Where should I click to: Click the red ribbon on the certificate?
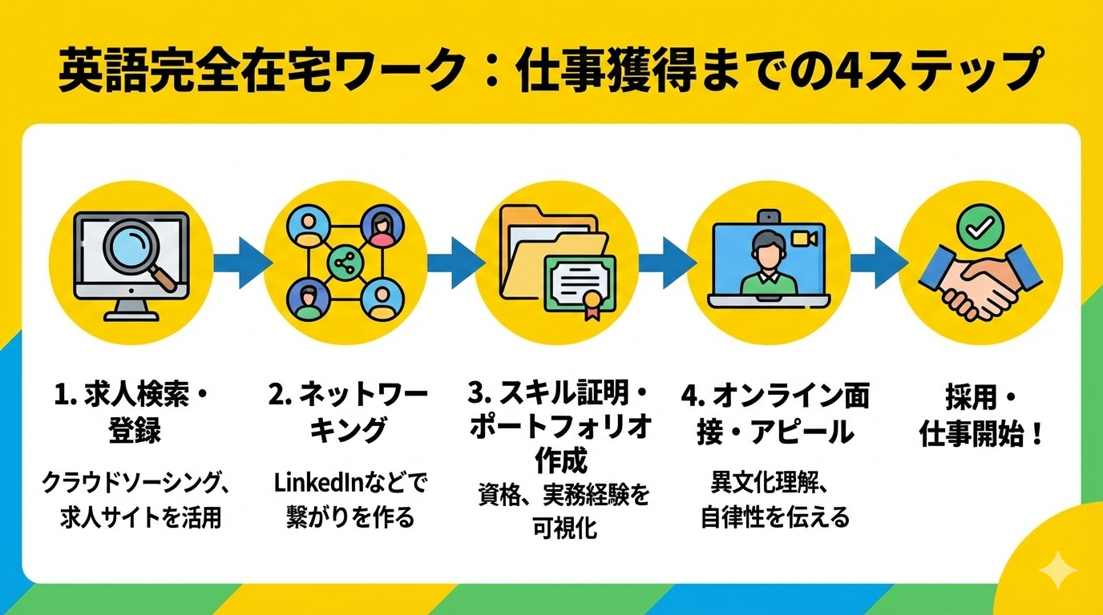click(x=592, y=307)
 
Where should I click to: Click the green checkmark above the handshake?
click(x=980, y=227)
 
